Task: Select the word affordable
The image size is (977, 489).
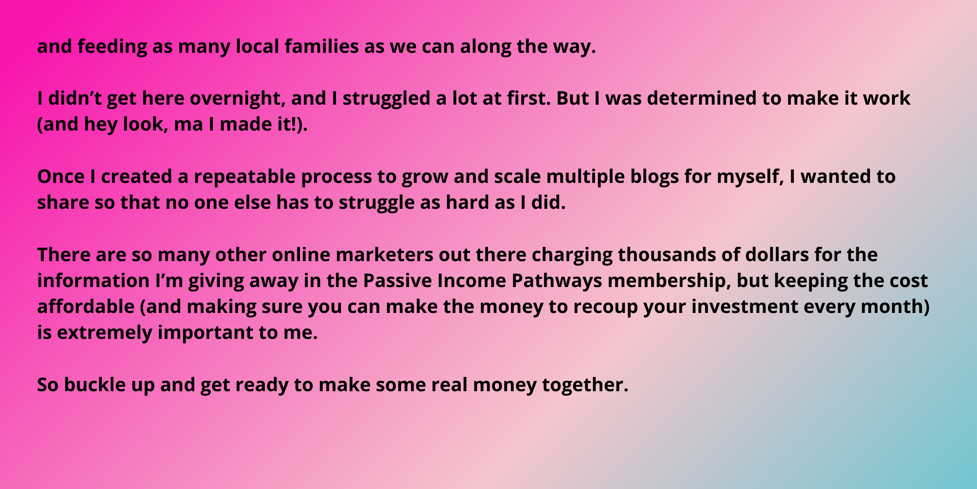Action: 85,307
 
